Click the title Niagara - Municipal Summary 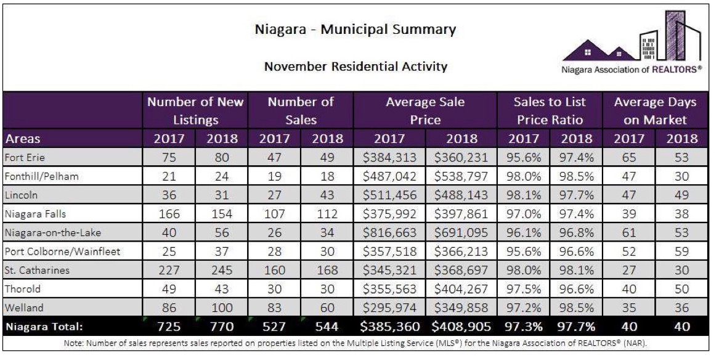(x=355, y=29)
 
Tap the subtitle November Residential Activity (x=355, y=66)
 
